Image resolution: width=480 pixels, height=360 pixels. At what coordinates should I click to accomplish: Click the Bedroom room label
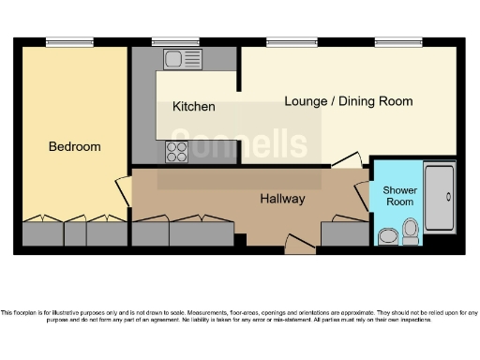click(x=74, y=147)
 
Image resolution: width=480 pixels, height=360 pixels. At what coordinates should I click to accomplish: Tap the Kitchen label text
click(x=194, y=107)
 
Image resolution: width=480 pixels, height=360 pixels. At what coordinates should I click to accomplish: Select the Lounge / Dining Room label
click(x=348, y=101)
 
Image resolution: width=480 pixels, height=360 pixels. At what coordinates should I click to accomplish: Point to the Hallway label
click(x=282, y=199)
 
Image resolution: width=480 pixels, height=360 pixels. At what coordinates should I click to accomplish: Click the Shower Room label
click(x=398, y=196)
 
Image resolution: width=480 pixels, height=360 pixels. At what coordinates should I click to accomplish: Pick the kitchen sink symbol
click(x=177, y=59)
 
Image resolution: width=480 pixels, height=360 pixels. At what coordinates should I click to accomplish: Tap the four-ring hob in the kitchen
click(x=177, y=151)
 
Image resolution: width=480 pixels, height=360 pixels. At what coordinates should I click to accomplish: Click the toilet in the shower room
click(x=411, y=231)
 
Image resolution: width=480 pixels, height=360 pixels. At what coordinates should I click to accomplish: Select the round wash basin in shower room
click(x=387, y=234)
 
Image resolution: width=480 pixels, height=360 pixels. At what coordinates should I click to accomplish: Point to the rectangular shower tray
click(x=439, y=198)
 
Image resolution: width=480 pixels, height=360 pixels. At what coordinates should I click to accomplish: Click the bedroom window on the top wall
click(x=70, y=41)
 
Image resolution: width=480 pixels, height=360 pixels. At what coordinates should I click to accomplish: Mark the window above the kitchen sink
click(x=175, y=41)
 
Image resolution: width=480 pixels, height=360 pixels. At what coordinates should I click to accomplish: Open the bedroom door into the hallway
click(x=123, y=192)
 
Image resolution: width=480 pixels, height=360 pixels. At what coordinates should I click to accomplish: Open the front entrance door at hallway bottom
click(x=299, y=248)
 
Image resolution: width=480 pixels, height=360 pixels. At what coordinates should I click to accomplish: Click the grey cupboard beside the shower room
click(x=344, y=233)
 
